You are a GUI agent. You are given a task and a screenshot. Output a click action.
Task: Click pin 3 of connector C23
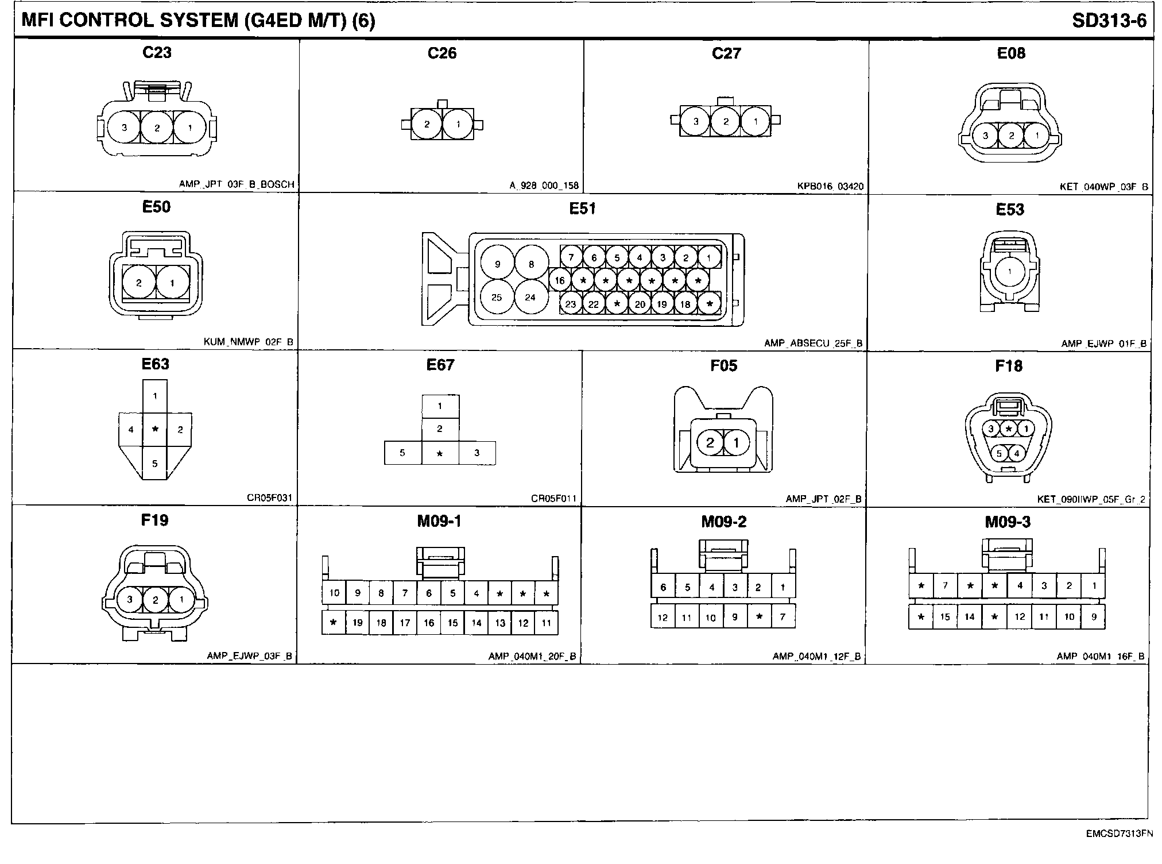(124, 128)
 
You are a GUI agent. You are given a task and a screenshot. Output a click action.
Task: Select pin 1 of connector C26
(458, 124)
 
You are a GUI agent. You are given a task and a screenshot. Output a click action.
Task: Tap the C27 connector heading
(726, 53)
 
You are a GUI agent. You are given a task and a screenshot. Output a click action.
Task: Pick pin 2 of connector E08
(1012, 136)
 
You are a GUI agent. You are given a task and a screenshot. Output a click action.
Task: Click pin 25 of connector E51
(497, 297)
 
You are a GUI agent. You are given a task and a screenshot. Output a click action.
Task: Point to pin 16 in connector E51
(560, 280)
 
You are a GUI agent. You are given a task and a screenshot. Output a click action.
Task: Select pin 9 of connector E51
(497, 264)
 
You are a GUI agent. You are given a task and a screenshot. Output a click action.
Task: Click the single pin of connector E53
(1009, 272)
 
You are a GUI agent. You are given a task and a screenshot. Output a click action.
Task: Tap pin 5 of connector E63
(154, 463)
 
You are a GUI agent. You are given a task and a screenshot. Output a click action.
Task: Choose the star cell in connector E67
(440, 453)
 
